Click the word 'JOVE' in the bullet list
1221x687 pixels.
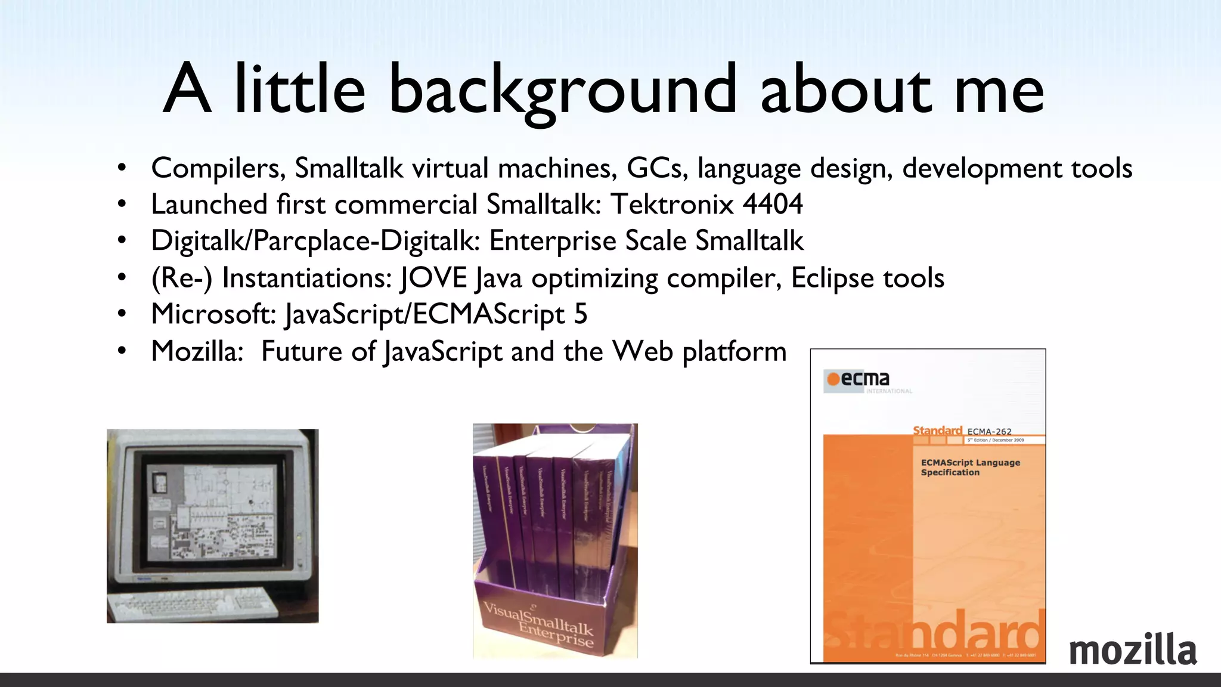(x=433, y=278)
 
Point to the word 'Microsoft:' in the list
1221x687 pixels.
(x=213, y=314)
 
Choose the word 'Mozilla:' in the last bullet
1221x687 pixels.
(x=197, y=351)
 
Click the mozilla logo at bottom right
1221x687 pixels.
(x=1133, y=650)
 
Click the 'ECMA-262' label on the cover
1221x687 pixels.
(x=989, y=431)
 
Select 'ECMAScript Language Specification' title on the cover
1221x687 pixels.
(x=970, y=468)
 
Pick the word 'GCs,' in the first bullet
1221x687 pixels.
(x=657, y=169)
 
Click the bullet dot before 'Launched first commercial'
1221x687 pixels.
(x=122, y=205)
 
